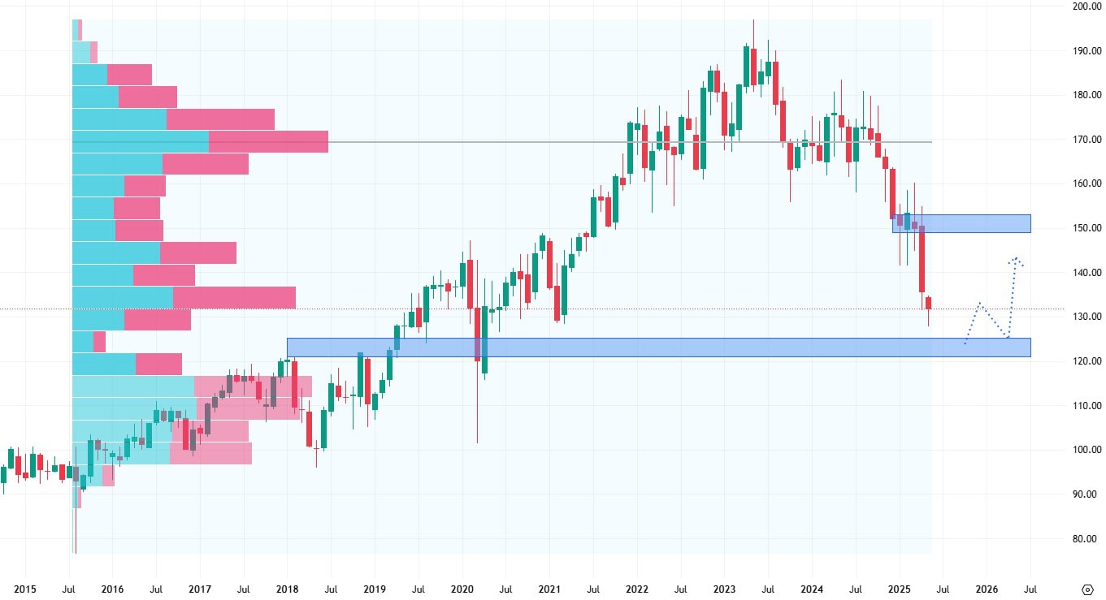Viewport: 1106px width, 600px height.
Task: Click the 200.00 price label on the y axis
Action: (1085, 6)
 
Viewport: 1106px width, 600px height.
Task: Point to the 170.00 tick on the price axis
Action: (1085, 140)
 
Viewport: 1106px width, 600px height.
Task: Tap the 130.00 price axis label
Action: (1085, 317)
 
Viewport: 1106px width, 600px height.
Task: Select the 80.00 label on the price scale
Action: (1085, 538)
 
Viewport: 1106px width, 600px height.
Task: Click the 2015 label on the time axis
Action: (25, 589)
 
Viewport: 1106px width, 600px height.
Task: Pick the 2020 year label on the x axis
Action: (462, 589)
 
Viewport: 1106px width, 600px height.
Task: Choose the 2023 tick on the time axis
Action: (723, 589)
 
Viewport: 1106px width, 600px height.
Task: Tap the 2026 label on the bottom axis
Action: (986, 589)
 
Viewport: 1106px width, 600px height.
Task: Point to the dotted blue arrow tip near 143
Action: (1016, 259)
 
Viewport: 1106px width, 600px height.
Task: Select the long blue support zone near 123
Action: (658, 347)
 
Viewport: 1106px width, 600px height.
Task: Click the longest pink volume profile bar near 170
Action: (268, 142)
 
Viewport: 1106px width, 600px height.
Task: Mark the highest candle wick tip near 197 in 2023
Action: (753, 20)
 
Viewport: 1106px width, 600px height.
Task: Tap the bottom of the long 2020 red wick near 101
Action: (477, 442)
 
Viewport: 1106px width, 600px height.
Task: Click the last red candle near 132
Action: (929, 303)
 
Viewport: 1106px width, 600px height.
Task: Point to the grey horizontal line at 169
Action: (569, 142)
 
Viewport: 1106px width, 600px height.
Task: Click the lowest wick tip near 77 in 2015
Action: (75, 553)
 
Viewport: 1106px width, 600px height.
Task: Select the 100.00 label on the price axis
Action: (1085, 450)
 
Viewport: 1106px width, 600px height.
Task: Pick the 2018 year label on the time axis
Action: (287, 589)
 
